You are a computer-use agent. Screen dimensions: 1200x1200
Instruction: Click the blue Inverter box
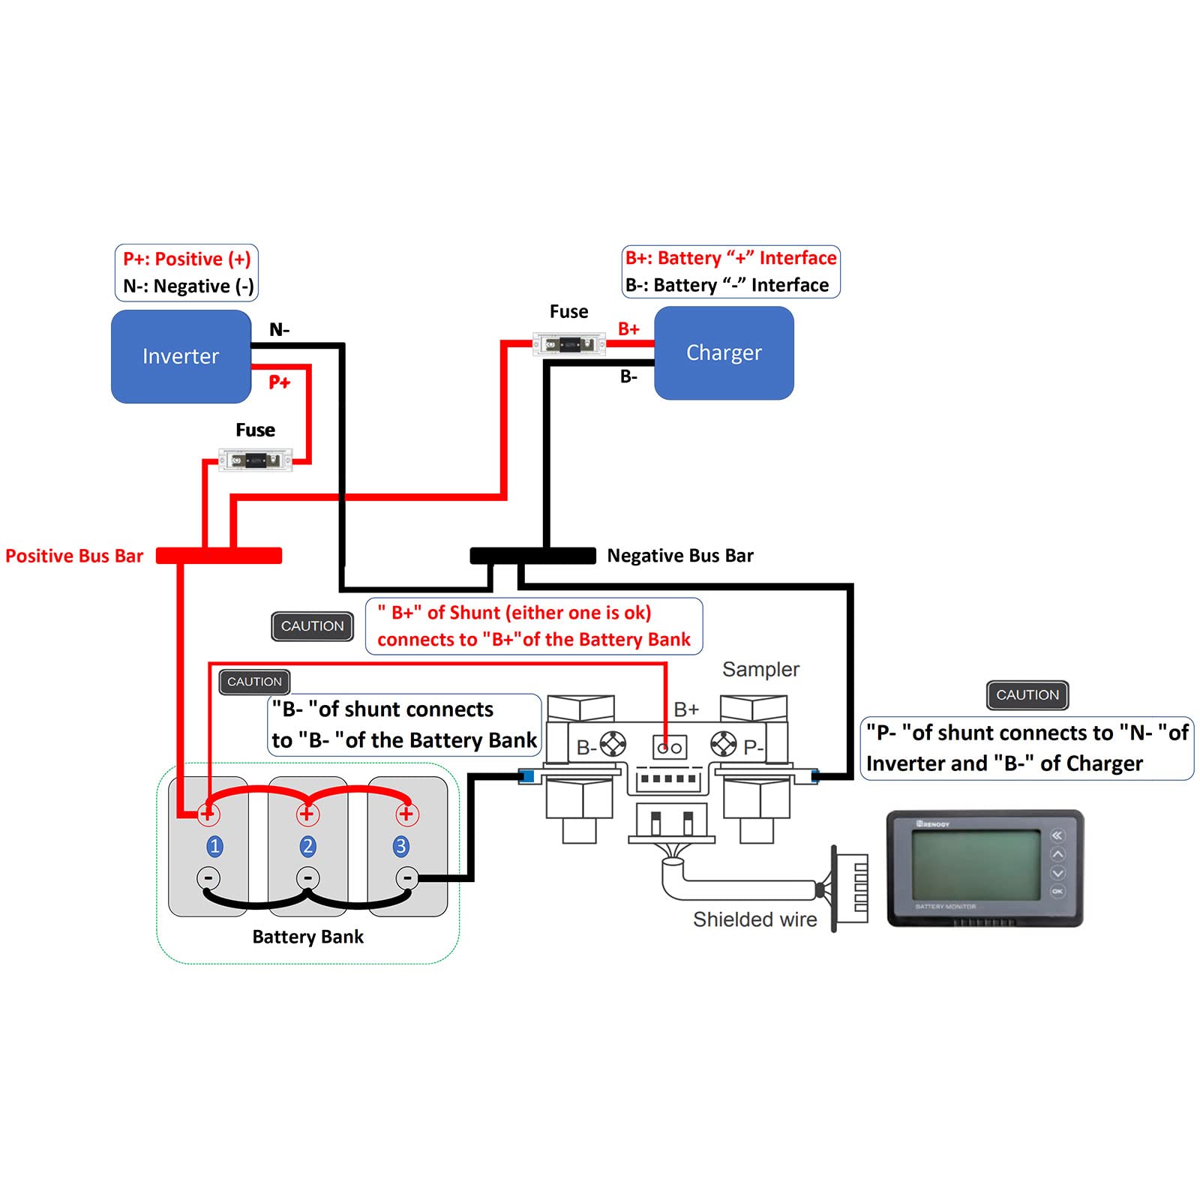181,356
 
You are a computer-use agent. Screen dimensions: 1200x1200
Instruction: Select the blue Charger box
724,352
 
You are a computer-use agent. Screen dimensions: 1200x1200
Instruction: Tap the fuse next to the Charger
568,344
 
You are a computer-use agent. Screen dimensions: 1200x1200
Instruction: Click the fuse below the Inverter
255,460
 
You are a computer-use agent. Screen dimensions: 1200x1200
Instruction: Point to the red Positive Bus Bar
219,556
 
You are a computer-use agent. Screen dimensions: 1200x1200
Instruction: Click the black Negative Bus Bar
532,556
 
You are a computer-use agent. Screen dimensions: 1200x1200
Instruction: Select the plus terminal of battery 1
208,814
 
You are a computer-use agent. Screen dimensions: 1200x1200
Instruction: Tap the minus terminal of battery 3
406,877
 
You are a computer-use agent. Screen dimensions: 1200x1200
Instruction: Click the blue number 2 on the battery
307,846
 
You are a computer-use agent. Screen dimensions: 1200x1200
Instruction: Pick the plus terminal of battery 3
406,814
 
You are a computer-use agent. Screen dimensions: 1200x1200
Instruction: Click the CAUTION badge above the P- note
1027,695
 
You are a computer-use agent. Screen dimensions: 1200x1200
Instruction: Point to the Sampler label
760,669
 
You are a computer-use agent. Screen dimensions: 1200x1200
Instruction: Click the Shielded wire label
754,919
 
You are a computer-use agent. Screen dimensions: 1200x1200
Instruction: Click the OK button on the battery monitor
1057,891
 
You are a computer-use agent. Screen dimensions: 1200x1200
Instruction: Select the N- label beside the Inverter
279,330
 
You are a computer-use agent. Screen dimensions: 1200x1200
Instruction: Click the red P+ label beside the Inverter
279,382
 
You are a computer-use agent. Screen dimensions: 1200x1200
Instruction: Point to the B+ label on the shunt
686,709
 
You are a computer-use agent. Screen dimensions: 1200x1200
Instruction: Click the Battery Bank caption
307,937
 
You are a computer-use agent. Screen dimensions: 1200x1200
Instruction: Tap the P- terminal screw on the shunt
724,744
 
